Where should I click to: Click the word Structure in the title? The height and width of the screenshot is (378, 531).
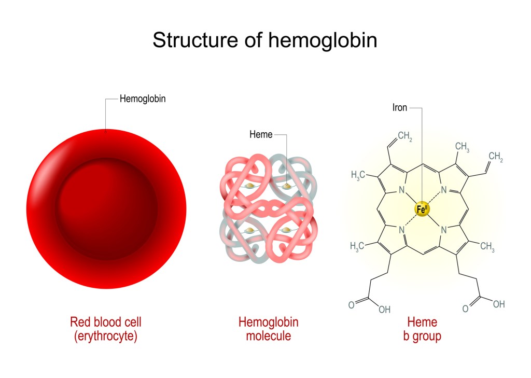coord(195,40)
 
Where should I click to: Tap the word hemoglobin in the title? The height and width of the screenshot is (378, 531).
coord(323,40)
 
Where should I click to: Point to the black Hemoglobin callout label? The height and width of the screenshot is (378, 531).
coord(143,99)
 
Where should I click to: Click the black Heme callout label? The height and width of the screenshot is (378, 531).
coord(261,134)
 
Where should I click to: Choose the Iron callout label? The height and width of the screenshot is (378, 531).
coord(400,108)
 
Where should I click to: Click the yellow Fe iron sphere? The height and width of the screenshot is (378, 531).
coord(422,209)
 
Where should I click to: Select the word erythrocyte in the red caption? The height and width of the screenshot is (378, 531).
coord(106,337)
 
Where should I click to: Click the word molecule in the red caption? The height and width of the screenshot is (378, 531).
coord(269,336)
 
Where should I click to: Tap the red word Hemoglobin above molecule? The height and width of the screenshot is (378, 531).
coord(269,322)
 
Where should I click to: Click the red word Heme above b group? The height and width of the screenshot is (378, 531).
coord(422,322)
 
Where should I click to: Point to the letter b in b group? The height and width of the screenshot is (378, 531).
coord(406,336)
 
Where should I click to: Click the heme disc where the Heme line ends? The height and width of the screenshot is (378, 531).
coord(287,186)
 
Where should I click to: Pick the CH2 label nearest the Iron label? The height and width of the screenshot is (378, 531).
coord(405,136)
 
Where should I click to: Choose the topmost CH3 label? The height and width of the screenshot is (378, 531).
coord(462,147)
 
